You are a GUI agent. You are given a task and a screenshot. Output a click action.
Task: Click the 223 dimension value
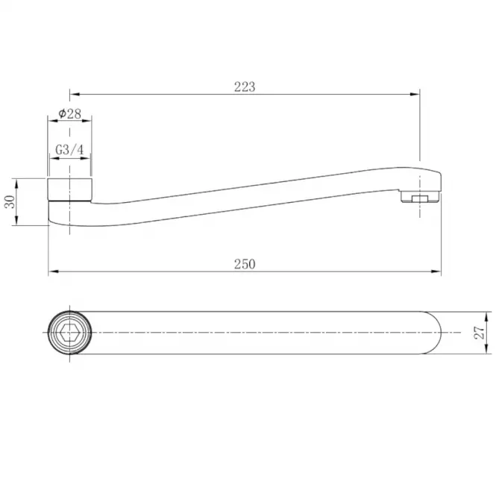[245, 87]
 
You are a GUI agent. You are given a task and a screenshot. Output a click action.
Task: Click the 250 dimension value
[245, 264]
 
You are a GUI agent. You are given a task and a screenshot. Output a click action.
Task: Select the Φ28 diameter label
[69, 114]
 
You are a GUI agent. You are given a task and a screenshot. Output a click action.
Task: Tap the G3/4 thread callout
[69, 150]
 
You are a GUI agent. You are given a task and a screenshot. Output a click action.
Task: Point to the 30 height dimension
[10, 202]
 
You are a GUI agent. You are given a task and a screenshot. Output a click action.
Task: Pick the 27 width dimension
[480, 333]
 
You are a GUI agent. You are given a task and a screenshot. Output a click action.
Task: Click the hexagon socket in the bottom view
[69, 333]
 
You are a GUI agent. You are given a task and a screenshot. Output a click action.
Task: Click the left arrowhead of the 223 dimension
[75, 94]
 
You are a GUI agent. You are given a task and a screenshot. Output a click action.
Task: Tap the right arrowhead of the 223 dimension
[415, 94]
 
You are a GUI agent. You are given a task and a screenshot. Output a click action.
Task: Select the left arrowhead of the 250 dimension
[54, 271]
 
